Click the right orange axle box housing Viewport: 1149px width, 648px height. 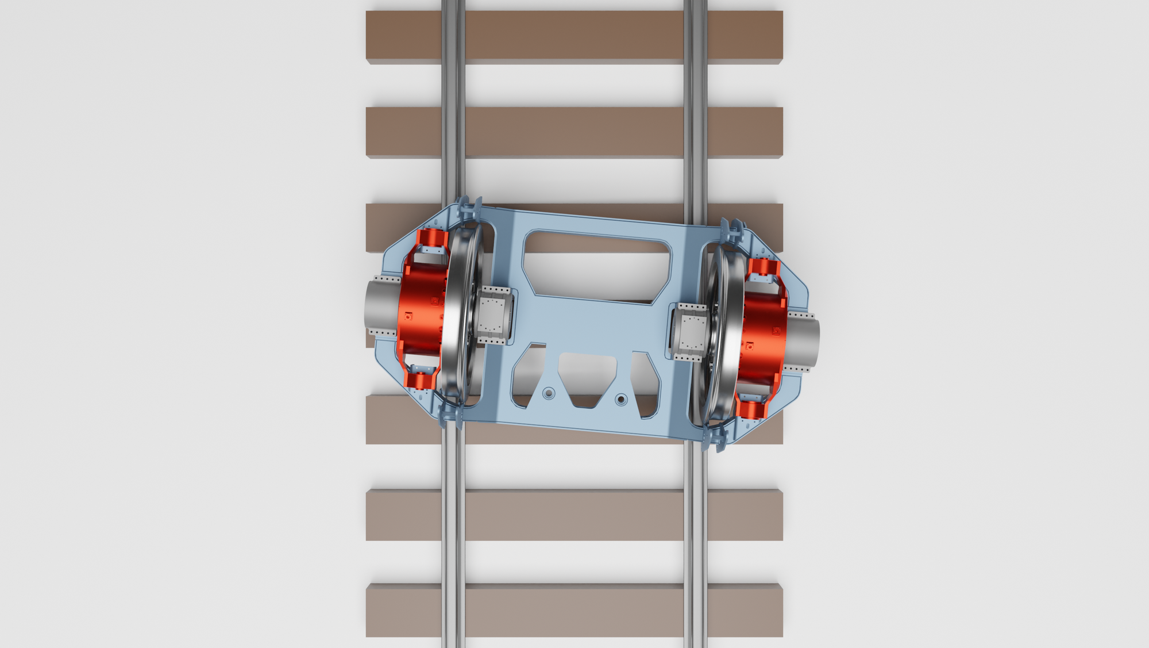(x=761, y=333)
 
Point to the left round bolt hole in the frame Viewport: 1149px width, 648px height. (x=549, y=393)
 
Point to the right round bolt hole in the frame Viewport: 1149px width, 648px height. (x=620, y=399)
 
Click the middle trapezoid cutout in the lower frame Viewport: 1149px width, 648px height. (x=587, y=377)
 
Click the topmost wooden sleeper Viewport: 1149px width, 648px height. (x=574, y=36)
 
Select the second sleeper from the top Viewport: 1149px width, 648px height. (x=574, y=132)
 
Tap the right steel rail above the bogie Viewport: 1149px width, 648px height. (x=695, y=115)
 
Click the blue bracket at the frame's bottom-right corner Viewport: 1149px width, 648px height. (x=715, y=437)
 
